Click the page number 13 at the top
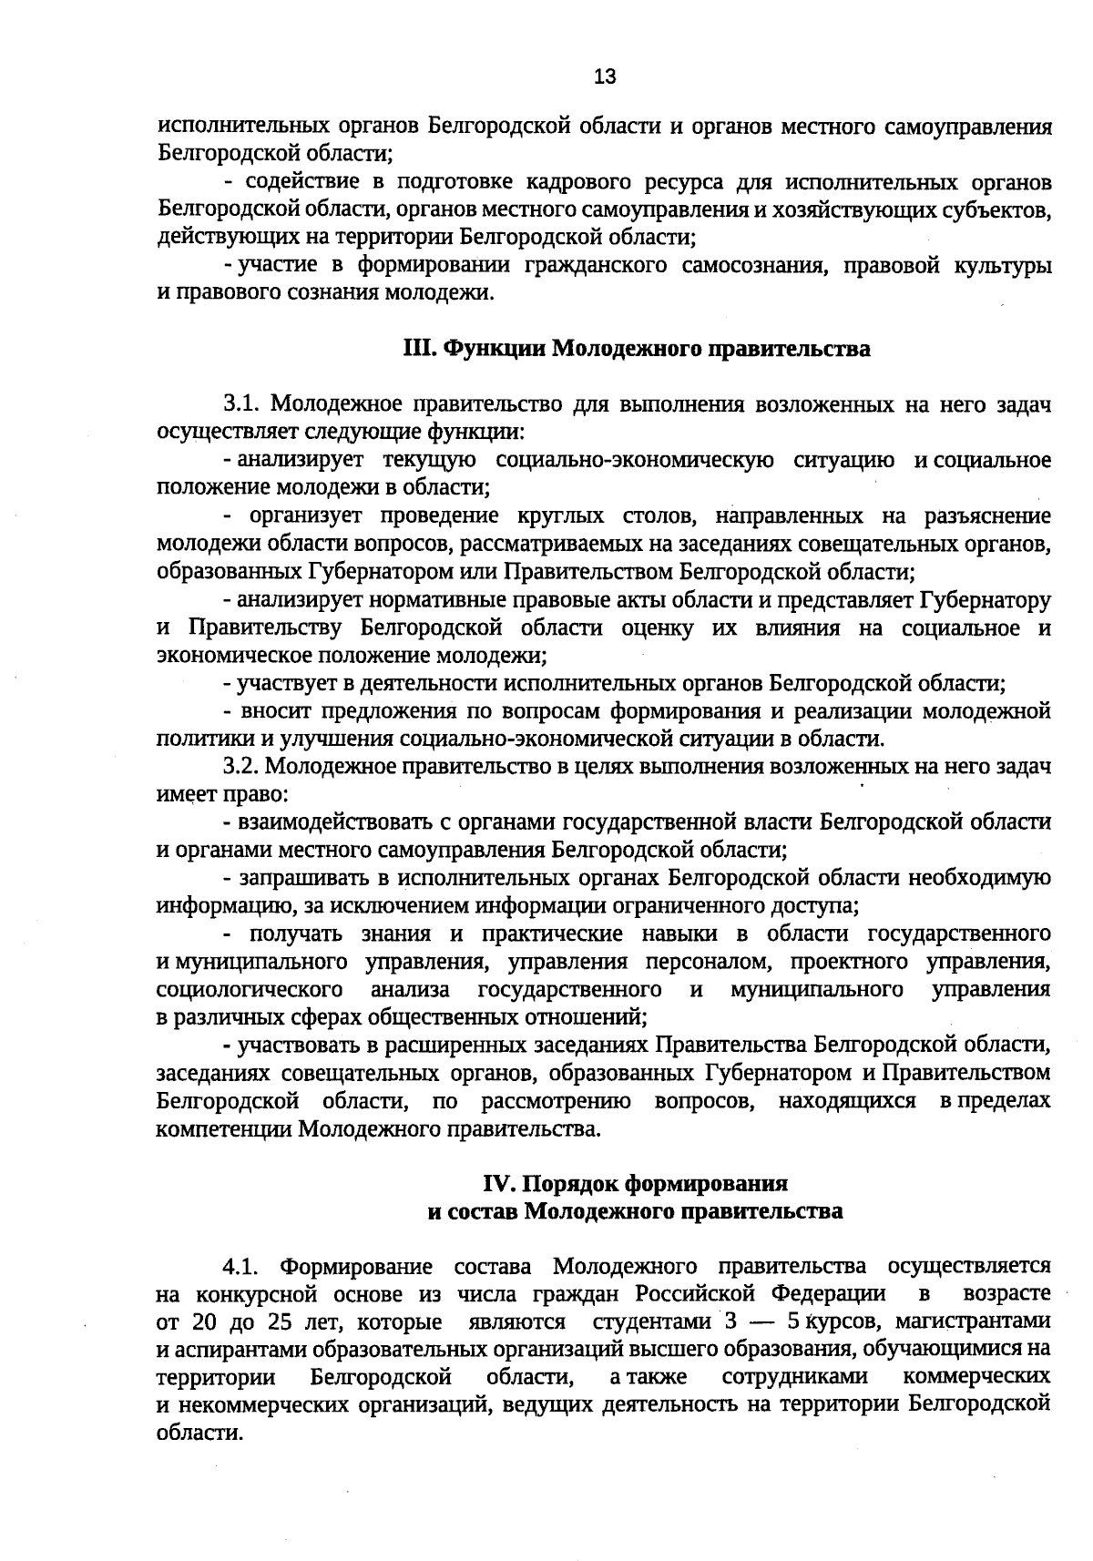pyautogui.click(x=605, y=77)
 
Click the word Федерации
pyautogui.click(x=828, y=1294)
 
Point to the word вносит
pyautogui.click(x=275, y=711)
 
